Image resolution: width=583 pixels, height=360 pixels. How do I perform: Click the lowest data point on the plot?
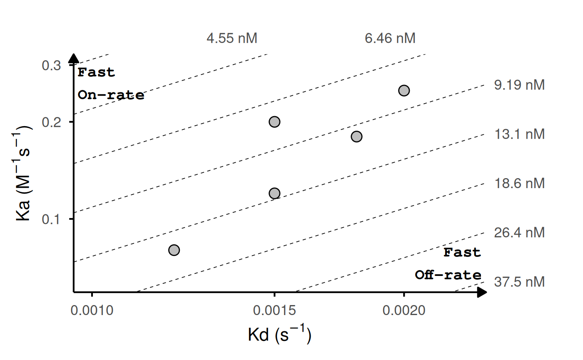coord(174,250)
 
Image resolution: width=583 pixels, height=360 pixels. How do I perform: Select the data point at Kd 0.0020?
coord(404,90)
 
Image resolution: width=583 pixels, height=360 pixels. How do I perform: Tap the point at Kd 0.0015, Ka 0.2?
coord(274,122)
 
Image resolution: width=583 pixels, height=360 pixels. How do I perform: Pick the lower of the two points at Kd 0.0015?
coord(274,193)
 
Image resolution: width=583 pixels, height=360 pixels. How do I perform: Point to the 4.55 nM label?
coord(232,39)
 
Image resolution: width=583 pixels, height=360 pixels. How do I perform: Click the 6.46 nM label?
coord(390,39)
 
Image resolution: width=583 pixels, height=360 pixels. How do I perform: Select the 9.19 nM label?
coord(519,85)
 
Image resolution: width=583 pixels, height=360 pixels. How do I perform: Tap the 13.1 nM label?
coord(519,134)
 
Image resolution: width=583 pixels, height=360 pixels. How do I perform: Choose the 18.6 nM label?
coord(519,184)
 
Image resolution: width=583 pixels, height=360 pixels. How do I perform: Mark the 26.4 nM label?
coord(519,232)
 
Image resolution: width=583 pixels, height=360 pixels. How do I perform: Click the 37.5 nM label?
coord(519,282)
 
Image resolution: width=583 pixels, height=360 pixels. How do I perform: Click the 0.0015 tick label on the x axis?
coord(274,311)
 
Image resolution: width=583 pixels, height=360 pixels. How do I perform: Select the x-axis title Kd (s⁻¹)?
coord(279,335)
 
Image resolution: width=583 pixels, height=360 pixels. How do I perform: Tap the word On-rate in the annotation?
coord(111,95)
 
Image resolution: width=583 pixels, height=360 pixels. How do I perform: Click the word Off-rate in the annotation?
coord(448,276)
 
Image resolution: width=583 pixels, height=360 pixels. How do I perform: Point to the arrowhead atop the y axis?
coord(74,58)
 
